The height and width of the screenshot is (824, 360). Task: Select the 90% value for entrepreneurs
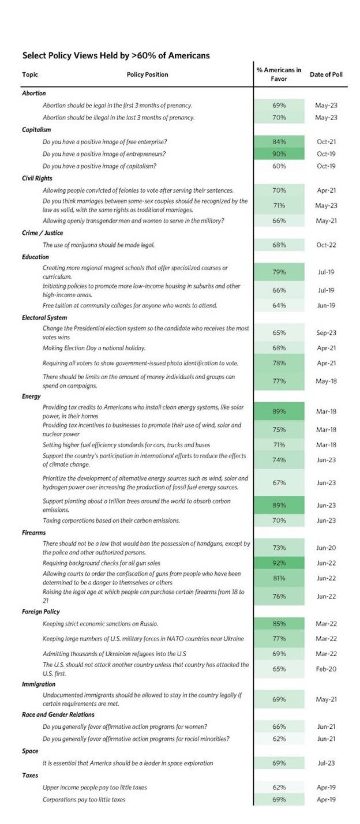[x=279, y=154]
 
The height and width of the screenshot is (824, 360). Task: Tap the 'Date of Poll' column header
[x=325, y=74]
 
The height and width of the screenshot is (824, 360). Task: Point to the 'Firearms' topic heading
[x=33, y=532]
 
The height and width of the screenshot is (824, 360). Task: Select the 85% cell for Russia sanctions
[x=279, y=623]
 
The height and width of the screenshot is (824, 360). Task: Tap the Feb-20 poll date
[x=325, y=668]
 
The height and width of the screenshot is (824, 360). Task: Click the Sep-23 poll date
[x=325, y=333]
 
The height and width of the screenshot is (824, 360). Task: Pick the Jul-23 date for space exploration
[x=325, y=763]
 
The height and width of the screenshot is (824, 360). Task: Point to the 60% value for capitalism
[x=279, y=166]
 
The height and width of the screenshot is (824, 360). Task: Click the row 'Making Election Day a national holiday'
[x=93, y=348]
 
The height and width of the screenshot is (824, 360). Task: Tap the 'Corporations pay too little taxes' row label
[x=84, y=799]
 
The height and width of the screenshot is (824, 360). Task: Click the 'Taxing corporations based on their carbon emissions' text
[x=111, y=520]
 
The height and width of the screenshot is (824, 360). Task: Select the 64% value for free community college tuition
[x=279, y=305]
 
